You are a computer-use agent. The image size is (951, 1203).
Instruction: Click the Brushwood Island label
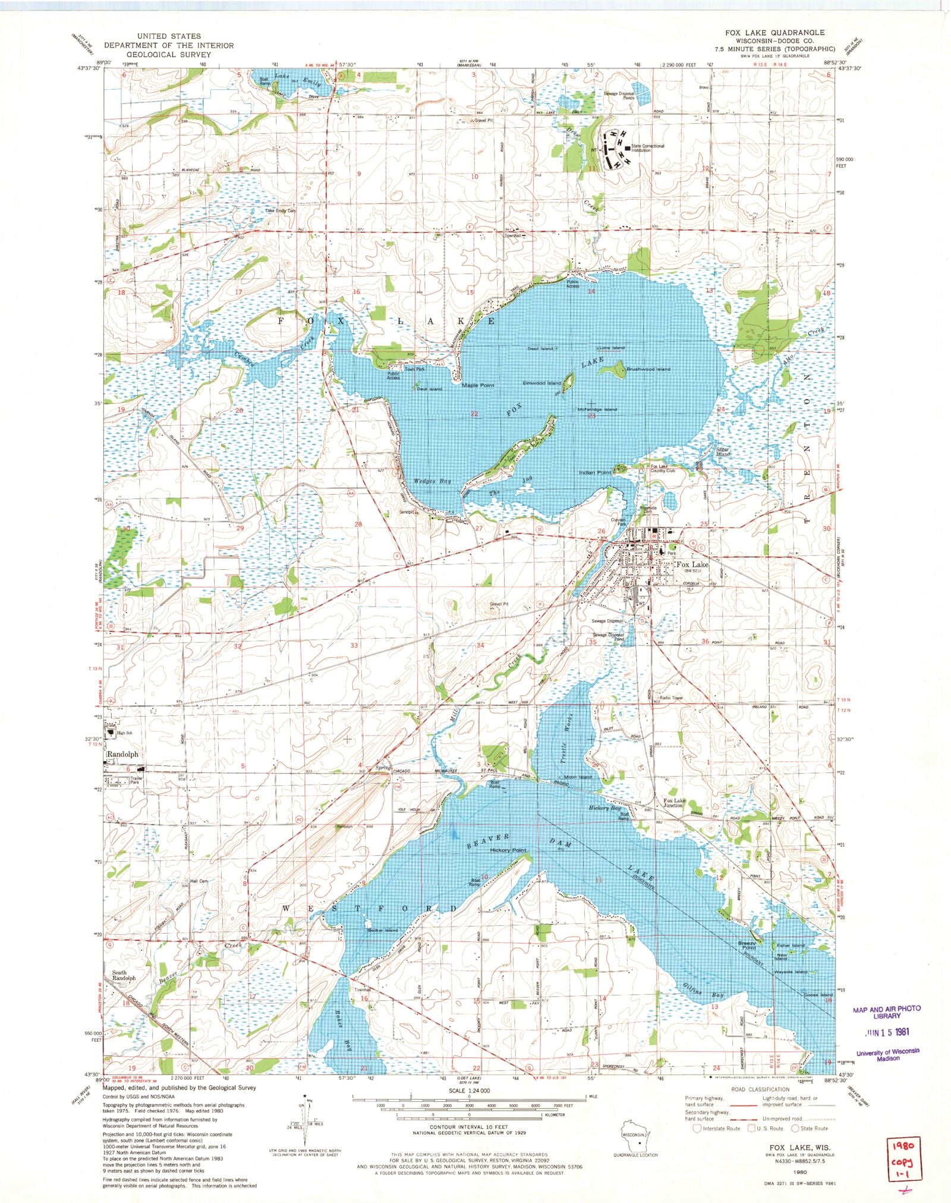coord(647,369)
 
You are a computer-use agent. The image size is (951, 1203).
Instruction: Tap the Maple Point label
coord(478,385)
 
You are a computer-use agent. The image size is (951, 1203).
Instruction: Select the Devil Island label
coord(429,389)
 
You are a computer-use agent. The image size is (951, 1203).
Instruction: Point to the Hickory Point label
coord(508,850)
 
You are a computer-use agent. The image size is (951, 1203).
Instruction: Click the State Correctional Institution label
coord(648,148)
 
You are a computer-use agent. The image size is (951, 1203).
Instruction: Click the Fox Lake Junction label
coord(675,803)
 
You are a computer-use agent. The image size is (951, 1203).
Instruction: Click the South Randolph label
coord(124,975)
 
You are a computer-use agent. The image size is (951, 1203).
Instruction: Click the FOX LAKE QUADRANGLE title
coord(767,32)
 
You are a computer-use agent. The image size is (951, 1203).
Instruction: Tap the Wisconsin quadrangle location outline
coord(632,1136)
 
